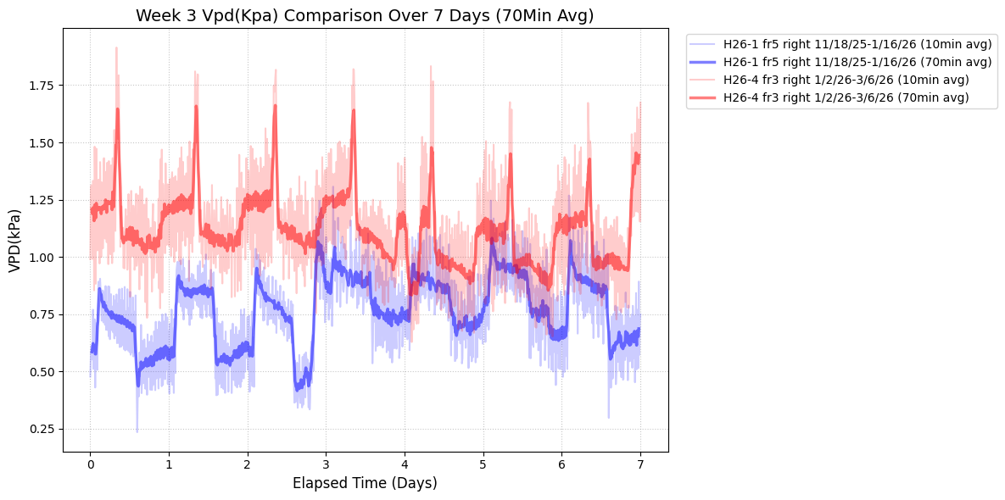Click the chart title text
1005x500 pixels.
point(365,15)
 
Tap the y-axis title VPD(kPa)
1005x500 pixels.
point(14,241)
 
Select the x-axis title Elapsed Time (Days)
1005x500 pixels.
point(365,484)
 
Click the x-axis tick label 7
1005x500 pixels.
point(640,465)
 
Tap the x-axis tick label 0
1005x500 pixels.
point(90,465)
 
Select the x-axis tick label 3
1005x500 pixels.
point(326,465)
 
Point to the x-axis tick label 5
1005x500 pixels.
point(483,465)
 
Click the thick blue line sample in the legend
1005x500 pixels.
point(703,62)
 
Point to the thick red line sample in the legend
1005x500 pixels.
point(703,97)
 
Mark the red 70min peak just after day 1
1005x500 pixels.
point(196,107)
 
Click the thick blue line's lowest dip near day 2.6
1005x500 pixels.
point(298,388)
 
